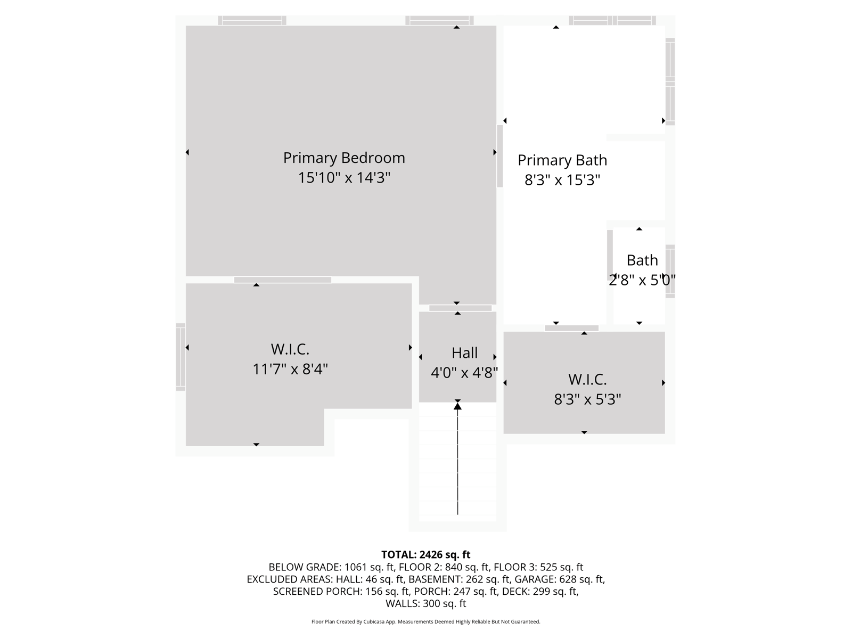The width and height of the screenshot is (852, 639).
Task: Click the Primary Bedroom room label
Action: coord(344,158)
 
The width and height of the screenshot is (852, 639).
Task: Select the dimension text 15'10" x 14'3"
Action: coord(344,178)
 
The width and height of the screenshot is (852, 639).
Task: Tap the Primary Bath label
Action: coord(562,160)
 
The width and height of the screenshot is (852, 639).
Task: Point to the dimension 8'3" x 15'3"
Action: coord(562,180)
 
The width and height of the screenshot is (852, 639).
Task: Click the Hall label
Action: coord(464,353)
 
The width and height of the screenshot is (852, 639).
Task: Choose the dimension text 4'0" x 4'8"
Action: coord(464,373)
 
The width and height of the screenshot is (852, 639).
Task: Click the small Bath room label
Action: coord(642,260)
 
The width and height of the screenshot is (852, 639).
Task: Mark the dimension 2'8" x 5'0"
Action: coord(642,280)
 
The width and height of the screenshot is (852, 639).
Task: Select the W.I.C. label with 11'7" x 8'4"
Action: coord(290,349)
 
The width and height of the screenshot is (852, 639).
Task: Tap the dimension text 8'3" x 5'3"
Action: coord(587,399)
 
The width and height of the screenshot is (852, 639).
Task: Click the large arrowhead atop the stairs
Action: coord(457,406)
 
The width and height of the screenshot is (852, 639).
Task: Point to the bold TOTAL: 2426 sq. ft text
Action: coord(425,555)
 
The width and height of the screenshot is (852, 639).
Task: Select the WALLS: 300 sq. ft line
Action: coord(425,604)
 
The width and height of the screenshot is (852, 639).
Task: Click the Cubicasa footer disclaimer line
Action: coord(425,622)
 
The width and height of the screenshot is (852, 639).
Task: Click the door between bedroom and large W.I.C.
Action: coord(282,280)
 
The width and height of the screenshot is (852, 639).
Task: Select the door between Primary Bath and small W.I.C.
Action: coord(571,328)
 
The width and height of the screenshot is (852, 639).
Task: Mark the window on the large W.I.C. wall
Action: coord(181,357)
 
